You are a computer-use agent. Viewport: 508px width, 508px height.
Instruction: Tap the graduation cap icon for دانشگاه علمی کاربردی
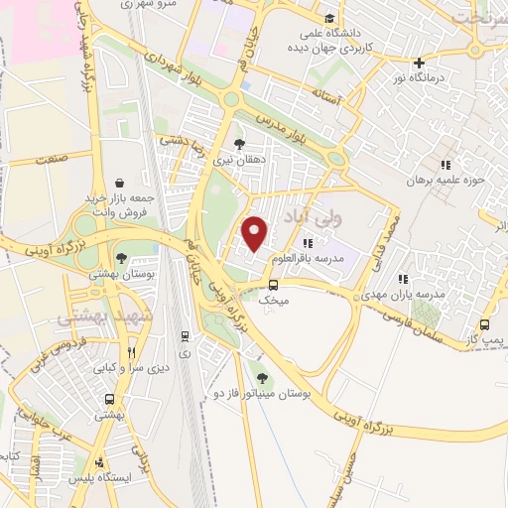click(x=329, y=18)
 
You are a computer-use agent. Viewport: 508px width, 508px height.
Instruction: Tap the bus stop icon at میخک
click(x=273, y=285)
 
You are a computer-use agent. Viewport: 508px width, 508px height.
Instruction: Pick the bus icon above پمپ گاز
click(x=484, y=324)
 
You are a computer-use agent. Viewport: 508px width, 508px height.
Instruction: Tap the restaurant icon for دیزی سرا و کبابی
click(x=132, y=353)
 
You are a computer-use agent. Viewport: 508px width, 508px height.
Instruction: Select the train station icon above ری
click(x=185, y=337)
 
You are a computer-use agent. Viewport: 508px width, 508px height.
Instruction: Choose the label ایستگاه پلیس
click(x=96, y=479)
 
